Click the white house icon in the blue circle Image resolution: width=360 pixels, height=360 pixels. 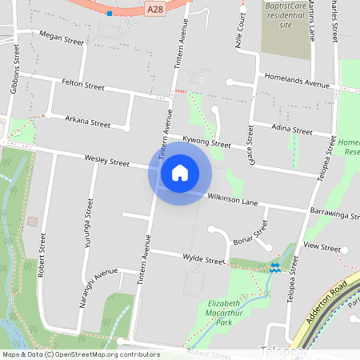(180, 172)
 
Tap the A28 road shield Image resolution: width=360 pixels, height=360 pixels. (157, 8)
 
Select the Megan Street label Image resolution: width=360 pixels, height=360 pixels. (61, 38)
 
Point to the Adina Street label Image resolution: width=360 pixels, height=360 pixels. (291, 129)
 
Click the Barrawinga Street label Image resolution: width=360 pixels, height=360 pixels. (334, 214)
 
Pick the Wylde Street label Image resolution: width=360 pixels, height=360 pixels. (202, 259)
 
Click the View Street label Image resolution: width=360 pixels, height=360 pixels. (322, 248)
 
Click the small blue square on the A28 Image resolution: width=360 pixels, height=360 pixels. (110, 14)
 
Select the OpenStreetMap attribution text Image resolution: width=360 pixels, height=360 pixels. (81, 354)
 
